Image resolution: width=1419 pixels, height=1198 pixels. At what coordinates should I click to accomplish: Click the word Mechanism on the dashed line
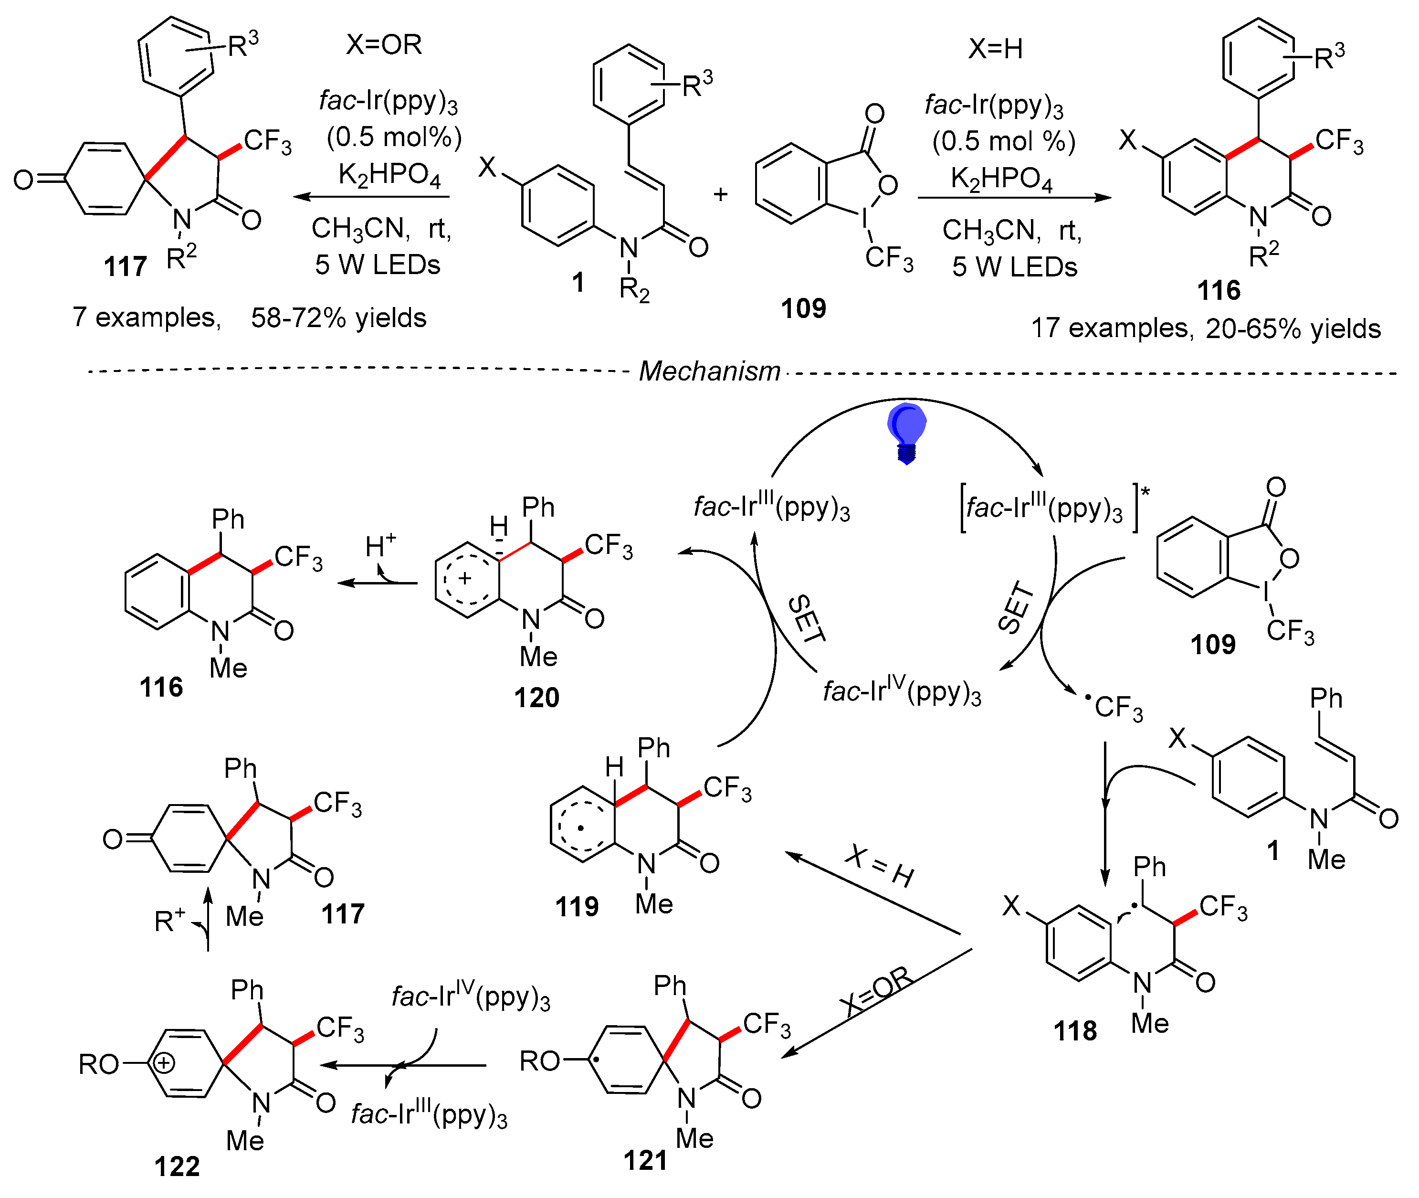(x=709, y=371)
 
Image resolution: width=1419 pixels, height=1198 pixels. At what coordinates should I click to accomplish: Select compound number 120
(x=536, y=698)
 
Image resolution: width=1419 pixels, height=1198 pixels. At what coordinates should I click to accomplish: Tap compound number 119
(x=577, y=907)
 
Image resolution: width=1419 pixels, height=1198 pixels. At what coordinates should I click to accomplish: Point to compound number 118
(x=1075, y=1031)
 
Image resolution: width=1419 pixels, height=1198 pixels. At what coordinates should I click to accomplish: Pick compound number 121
(x=645, y=1160)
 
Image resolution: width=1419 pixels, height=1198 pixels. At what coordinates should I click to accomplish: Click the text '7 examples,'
(x=147, y=317)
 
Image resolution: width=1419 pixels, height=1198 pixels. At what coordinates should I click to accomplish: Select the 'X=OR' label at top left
(x=384, y=45)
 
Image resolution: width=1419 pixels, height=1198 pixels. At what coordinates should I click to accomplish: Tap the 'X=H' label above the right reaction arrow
(x=995, y=49)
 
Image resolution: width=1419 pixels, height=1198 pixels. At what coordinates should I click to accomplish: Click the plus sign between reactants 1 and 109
(x=720, y=194)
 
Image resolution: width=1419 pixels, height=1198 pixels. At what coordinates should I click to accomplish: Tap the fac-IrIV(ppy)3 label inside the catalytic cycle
(x=902, y=691)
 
